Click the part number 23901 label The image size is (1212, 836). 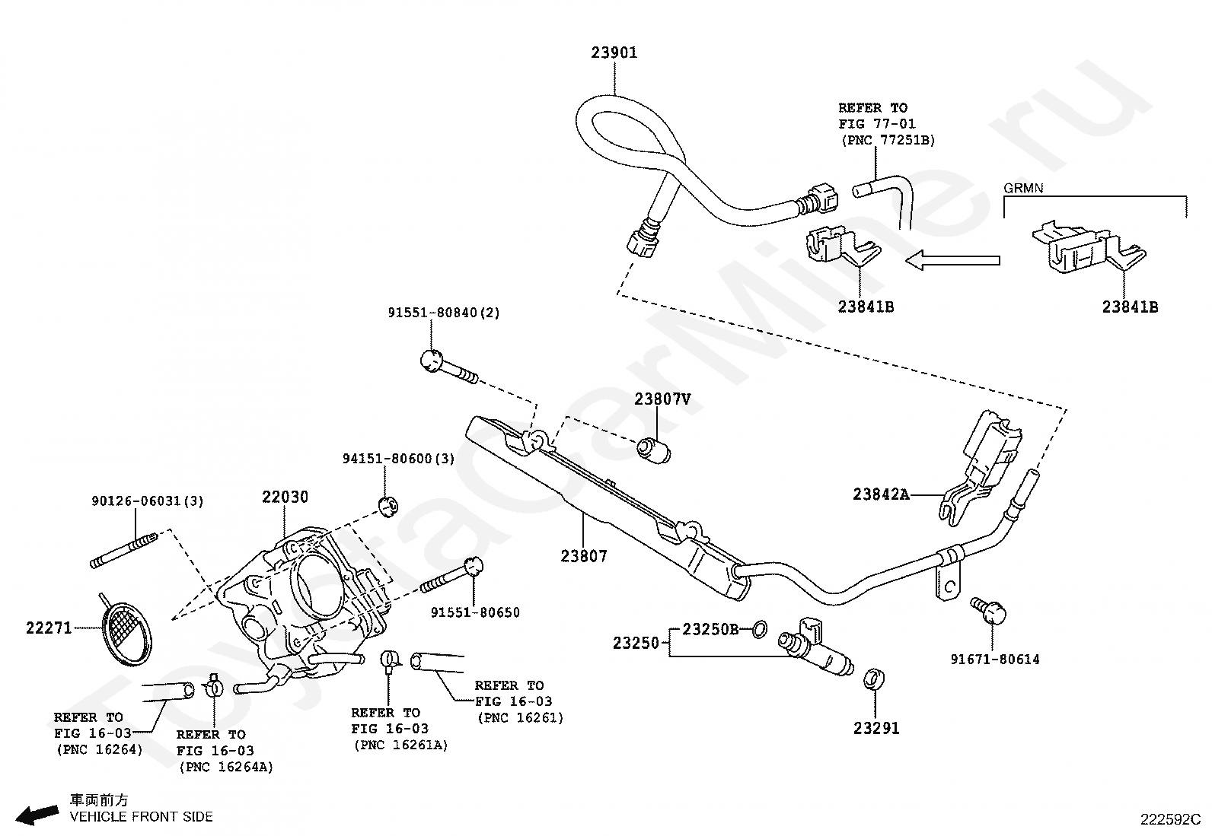614,52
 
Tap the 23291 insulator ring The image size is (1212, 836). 873,680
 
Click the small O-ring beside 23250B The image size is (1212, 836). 760,629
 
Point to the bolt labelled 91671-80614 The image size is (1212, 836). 988,611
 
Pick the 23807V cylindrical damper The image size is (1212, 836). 654,451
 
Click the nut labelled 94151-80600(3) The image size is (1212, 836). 388,506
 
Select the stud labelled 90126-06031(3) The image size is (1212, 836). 124,551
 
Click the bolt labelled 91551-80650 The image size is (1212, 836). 451,576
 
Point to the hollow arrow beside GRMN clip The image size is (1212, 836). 952,260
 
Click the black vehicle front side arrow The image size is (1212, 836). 37,815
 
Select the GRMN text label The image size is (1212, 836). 1023,188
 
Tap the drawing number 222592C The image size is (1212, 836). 1170,820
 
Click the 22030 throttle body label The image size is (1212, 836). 285,497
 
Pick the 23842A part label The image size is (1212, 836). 881,494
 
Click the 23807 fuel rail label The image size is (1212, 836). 584,556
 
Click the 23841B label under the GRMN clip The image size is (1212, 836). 1131,307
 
